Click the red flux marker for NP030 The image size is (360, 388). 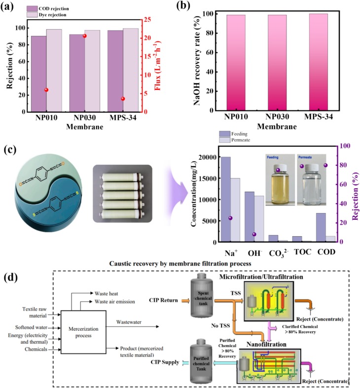click(x=84, y=36)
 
